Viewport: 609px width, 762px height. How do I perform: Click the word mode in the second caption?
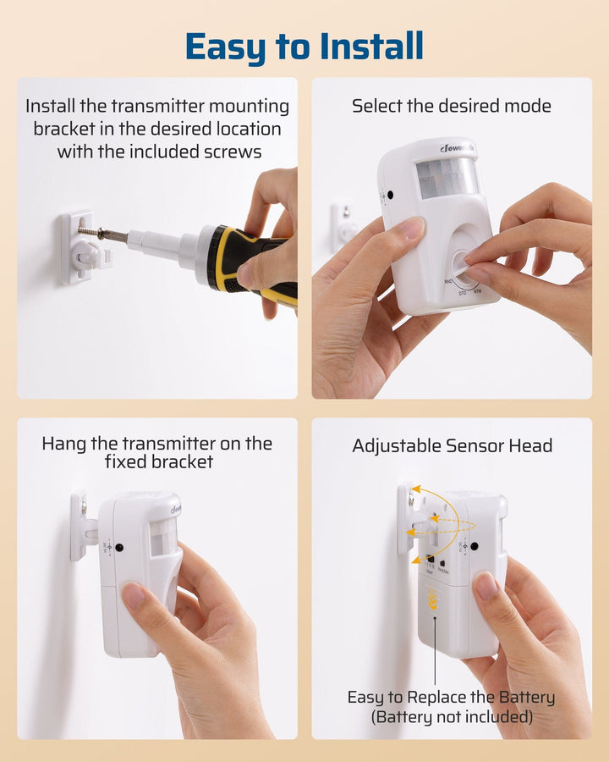coord(530,107)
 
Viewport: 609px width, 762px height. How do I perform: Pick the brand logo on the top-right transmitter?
coord(457,149)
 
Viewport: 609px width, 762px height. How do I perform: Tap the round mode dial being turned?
coord(463,264)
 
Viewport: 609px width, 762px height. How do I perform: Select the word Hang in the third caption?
coord(64,444)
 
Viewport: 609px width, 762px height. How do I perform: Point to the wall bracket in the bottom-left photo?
coord(80,527)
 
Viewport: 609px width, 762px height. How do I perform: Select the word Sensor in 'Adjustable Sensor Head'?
coord(478,446)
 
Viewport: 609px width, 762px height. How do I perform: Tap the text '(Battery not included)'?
coord(452,717)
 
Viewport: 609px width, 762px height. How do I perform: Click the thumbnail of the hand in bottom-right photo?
coord(486,586)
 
